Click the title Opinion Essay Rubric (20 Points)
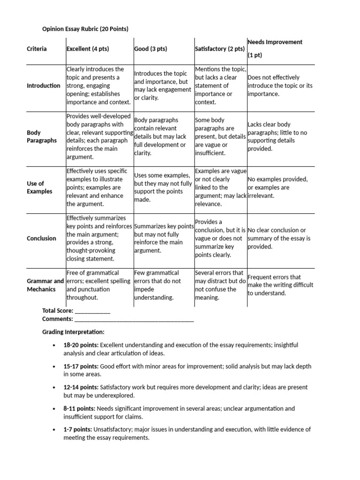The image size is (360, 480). (85, 29)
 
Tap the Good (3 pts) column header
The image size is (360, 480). (150, 49)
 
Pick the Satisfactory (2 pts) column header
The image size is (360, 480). (219, 49)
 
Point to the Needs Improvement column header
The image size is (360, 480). (275, 42)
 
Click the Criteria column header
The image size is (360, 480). (37, 49)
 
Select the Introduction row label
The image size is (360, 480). (44, 85)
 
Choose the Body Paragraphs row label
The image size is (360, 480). (42, 136)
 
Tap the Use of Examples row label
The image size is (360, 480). (40, 187)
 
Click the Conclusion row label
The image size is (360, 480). (41, 238)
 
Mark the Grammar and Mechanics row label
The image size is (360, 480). (45, 285)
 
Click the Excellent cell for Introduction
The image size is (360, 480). (99, 85)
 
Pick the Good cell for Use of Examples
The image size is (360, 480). (163, 187)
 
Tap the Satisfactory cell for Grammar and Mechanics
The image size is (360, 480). (220, 285)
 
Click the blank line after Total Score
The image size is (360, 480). (93, 311)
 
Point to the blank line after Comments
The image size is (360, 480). (134, 319)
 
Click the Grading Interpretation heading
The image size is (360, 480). (73, 332)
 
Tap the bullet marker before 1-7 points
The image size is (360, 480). (55, 429)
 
